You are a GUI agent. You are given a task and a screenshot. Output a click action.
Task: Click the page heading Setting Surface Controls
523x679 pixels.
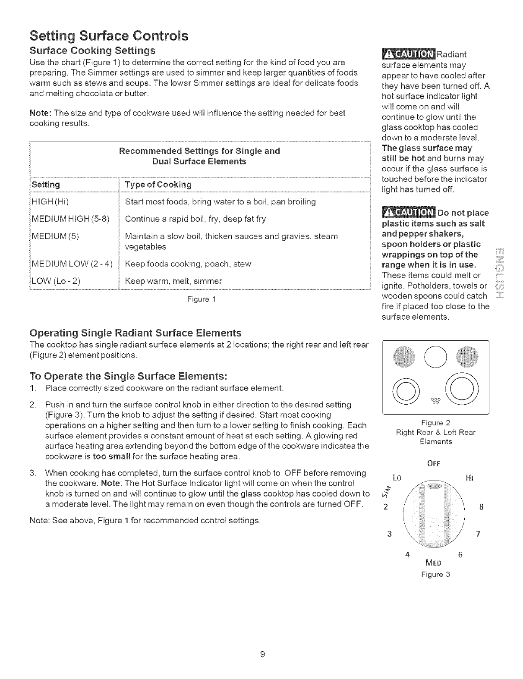pos(108,35)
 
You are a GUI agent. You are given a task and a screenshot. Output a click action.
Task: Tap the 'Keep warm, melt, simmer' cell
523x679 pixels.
pos(173,281)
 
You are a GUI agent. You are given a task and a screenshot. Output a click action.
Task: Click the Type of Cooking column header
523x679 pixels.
pos(158,185)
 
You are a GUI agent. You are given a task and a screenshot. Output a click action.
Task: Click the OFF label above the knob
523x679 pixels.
pos(435,465)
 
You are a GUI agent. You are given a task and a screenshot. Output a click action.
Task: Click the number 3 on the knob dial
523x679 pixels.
pos(389,534)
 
